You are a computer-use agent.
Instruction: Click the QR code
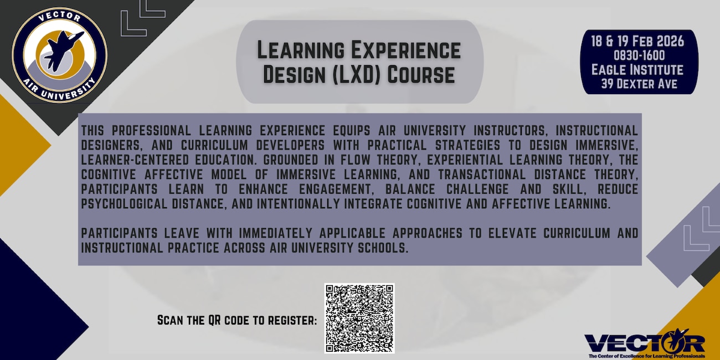[359, 318]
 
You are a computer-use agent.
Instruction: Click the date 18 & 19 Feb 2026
[639, 42]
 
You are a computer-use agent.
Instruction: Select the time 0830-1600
[639, 55]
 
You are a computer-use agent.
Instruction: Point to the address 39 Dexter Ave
[639, 85]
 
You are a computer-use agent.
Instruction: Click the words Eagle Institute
[637, 70]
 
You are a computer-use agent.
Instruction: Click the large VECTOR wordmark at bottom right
[644, 342]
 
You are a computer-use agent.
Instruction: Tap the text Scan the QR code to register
[237, 320]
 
